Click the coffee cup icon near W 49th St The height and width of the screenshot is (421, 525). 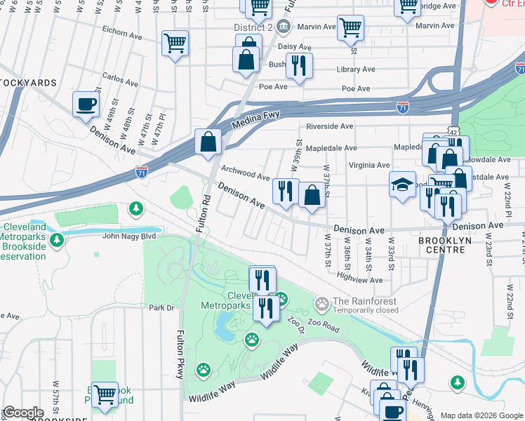tap(86, 103)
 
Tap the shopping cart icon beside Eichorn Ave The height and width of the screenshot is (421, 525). tap(175, 42)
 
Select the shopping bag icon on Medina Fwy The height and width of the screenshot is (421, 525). tap(208, 141)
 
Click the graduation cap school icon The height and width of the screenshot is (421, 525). tap(401, 184)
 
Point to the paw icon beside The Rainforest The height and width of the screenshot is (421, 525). tap(322, 305)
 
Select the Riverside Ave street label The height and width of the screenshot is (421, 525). tap(330, 126)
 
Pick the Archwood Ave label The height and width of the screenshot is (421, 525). tap(245, 173)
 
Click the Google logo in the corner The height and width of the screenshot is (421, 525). tap(23, 412)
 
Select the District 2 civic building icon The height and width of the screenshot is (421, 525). tap(283, 27)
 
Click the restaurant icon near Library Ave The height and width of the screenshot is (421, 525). tap(299, 66)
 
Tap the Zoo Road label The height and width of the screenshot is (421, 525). tap(322, 328)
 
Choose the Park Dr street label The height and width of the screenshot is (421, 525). tap(161, 307)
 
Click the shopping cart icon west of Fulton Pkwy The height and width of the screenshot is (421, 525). tap(105, 394)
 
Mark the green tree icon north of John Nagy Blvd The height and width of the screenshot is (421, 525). tap(135, 208)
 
